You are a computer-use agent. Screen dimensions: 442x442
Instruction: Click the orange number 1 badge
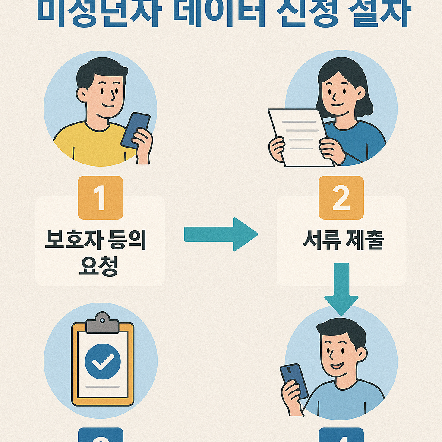click(100, 198)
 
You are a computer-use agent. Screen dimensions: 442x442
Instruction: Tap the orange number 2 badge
click(341, 198)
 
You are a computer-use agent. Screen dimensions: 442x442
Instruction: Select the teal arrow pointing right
click(221, 234)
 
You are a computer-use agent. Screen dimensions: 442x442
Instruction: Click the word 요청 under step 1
click(99, 267)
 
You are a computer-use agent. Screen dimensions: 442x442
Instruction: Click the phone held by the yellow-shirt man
click(135, 130)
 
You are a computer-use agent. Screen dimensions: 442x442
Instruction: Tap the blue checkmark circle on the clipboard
click(103, 361)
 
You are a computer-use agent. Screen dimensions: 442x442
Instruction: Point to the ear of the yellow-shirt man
click(81, 95)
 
